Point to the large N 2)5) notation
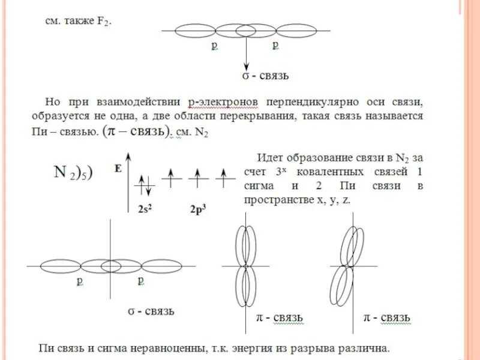pos(72,173)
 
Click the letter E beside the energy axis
pos(118,170)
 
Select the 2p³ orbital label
pos(198,209)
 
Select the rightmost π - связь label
pos(388,316)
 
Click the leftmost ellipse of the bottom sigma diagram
pos(61,266)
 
